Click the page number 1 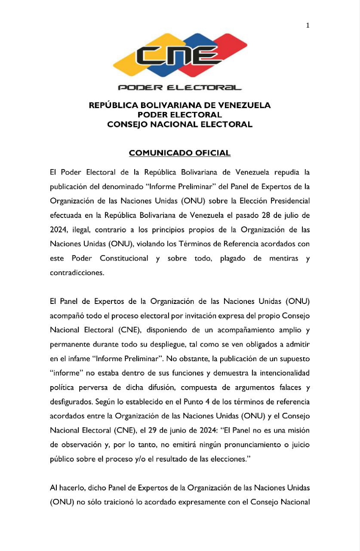[x=308, y=25]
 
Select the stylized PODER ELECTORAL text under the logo [x=180, y=88]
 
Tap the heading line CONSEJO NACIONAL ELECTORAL [x=180, y=125]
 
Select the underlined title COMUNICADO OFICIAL [x=180, y=153]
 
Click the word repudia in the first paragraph [x=287, y=173]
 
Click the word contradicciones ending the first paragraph [x=77, y=272]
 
